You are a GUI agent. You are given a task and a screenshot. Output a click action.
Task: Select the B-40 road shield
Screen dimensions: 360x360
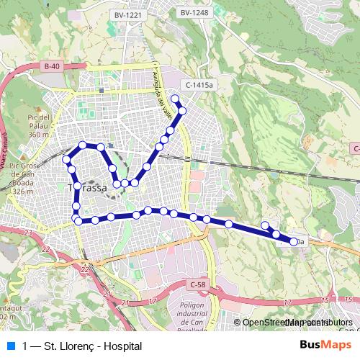(x=50, y=66)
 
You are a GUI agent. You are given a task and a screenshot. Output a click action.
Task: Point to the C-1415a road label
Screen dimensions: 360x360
(x=199, y=85)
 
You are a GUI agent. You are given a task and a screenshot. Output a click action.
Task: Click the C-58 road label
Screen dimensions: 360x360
(x=199, y=286)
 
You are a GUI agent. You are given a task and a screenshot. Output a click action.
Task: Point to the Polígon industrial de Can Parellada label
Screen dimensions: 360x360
(x=188, y=317)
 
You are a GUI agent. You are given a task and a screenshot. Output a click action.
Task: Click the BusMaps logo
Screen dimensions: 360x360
(x=325, y=346)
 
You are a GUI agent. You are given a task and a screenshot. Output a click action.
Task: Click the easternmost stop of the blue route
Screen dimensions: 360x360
(x=294, y=242)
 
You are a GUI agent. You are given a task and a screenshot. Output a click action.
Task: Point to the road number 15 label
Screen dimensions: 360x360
(x=326, y=299)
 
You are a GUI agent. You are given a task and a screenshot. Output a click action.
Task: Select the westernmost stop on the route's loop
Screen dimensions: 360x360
(x=66, y=158)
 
